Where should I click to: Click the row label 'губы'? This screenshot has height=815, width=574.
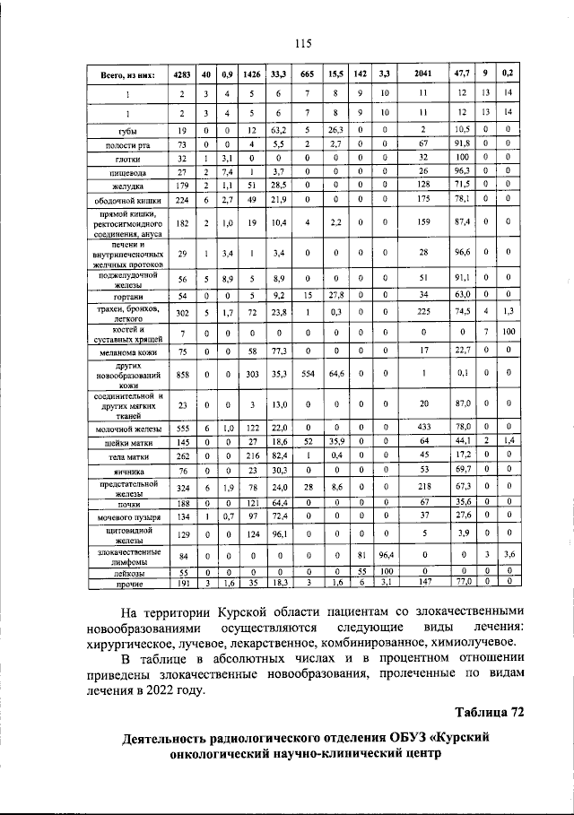click(x=126, y=131)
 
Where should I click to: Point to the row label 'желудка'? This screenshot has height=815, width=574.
click(x=126, y=183)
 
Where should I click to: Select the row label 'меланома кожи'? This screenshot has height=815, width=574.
click(x=126, y=351)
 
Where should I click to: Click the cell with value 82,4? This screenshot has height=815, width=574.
click(x=279, y=455)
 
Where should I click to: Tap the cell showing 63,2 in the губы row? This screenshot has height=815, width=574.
click(x=279, y=131)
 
